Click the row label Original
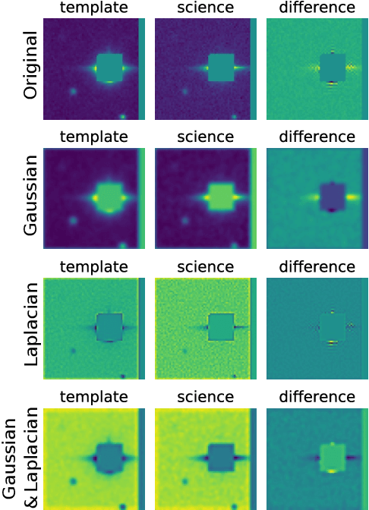[x=30, y=68]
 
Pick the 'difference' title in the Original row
[x=317, y=8]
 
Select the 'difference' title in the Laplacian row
[x=317, y=267]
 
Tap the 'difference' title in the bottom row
[x=317, y=398]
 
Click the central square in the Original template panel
[x=109, y=68]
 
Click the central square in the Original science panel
[x=221, y=68]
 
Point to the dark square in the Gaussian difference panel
[x=333, y=198]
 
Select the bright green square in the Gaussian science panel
[x=221, y=198]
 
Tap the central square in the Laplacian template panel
[x=109, y=328]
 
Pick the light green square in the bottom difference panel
[x=333, y=458]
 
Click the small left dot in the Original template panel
[x=73, y=91]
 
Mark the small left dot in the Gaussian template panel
[x=73, y=221]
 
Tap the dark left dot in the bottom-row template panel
[x=73, y=481]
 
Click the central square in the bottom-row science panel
[x=221, y=458]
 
